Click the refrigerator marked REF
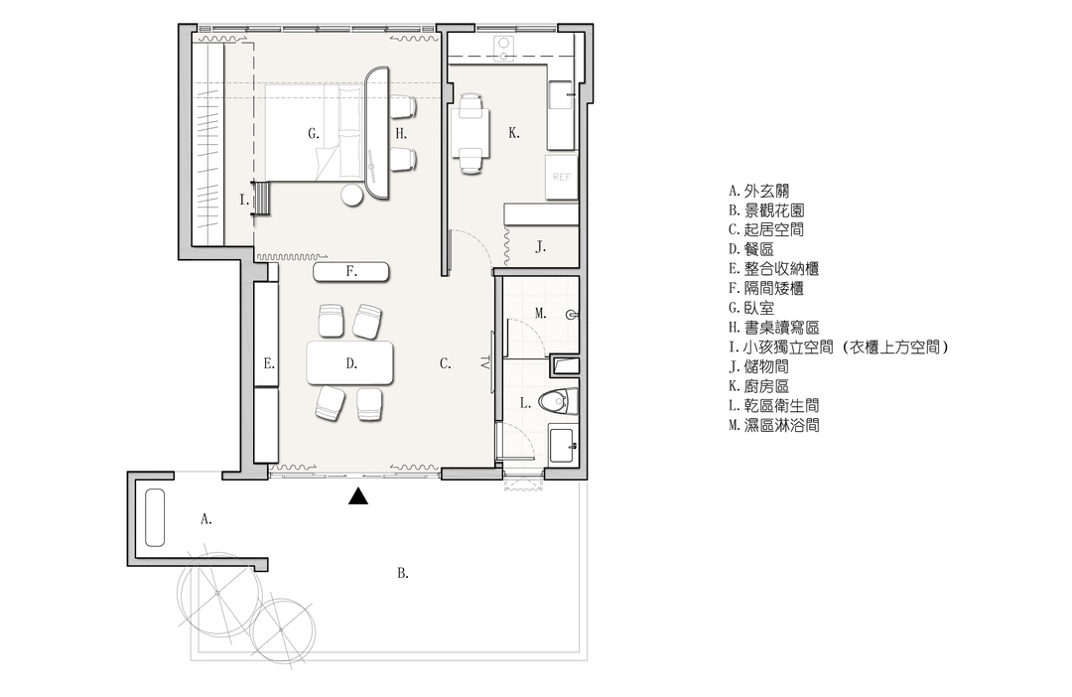561,177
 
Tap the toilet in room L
558,401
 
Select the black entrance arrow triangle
358,495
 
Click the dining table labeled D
350,362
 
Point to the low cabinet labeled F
351,271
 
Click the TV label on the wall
485,362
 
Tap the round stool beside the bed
352,195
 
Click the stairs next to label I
261,199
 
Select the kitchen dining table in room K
469,133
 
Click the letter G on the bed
313,133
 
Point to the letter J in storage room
540,247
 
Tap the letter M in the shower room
540,314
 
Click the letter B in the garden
403,573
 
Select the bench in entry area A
155,518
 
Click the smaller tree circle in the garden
282,629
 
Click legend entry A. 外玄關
759,191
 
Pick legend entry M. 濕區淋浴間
774,426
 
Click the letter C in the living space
445,363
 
